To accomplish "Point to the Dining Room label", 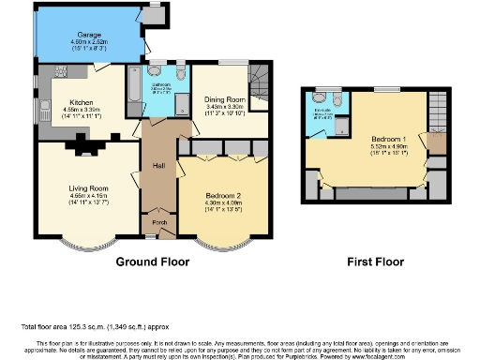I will coord(224,99).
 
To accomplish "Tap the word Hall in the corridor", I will coord(160,167).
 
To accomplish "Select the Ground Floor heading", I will coord(148,262).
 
